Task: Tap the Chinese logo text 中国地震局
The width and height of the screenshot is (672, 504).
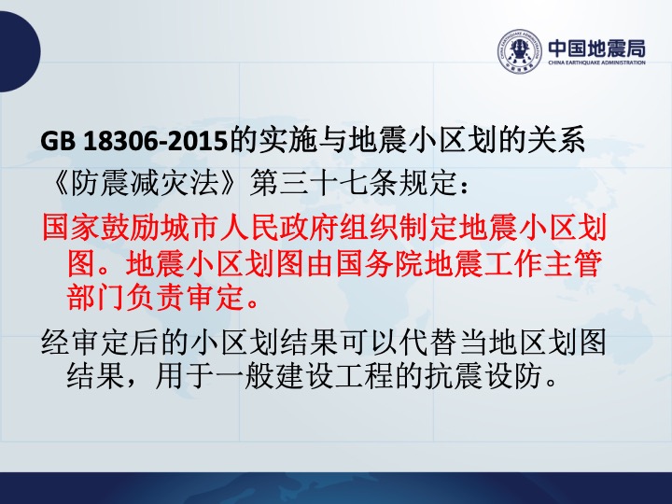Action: pyautogui.click(x=596, y=48)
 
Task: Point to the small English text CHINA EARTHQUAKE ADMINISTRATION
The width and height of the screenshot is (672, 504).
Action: pyautogui.click(x=596, y=63)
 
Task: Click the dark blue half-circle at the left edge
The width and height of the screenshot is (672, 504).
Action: pyautogui.click(x=20, y=51)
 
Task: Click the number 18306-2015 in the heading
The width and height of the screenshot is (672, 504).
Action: pyautogui.click(x=155, y=141)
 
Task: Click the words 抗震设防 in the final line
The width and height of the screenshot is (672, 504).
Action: pyautogui.click(x=483, y=377)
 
